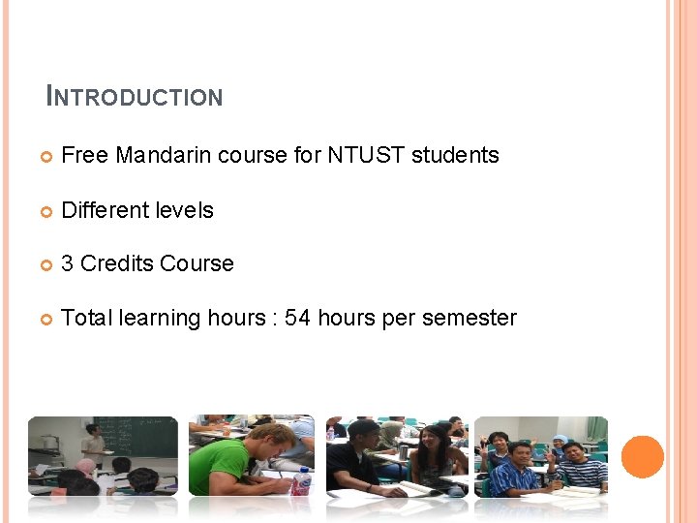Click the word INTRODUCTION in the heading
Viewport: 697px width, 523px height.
[135, 97]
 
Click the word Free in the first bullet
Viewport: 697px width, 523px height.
[85, 155]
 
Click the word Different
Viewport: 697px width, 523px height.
[104, 210]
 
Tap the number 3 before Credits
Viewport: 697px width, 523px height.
[68, 264]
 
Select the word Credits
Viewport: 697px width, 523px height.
[117, 264]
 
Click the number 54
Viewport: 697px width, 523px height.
[297, 319]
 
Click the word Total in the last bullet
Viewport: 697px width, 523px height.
[86, 319]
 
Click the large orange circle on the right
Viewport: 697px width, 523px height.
[643, 457]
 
